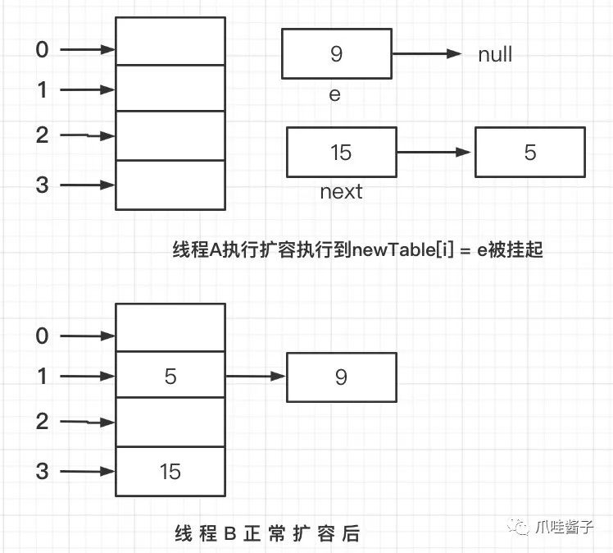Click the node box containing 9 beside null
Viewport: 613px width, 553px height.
point(336,54)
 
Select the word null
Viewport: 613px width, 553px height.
point(495,55)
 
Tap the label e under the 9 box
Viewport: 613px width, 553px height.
point(334,94)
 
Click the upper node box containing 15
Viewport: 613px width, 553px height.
point(341,152)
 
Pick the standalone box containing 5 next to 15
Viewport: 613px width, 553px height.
point(529,152)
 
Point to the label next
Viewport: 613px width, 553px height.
point(341,192)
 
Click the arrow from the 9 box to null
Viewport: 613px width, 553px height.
point(425,54)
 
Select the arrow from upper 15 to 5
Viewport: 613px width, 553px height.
point(434,152)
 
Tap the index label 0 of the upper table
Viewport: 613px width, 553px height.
point(42,50)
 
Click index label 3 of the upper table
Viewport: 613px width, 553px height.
point(42,185)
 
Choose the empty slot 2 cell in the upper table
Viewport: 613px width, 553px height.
point(170,135)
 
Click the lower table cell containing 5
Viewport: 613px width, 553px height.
point(170,376)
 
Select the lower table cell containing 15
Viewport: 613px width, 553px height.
point(170,471)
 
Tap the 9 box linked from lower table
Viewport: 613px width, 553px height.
point(341,377)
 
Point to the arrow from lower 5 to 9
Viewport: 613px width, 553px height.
point(256,377)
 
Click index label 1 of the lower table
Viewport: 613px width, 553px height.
point(42,377)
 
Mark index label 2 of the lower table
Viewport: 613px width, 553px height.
point(42,422)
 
